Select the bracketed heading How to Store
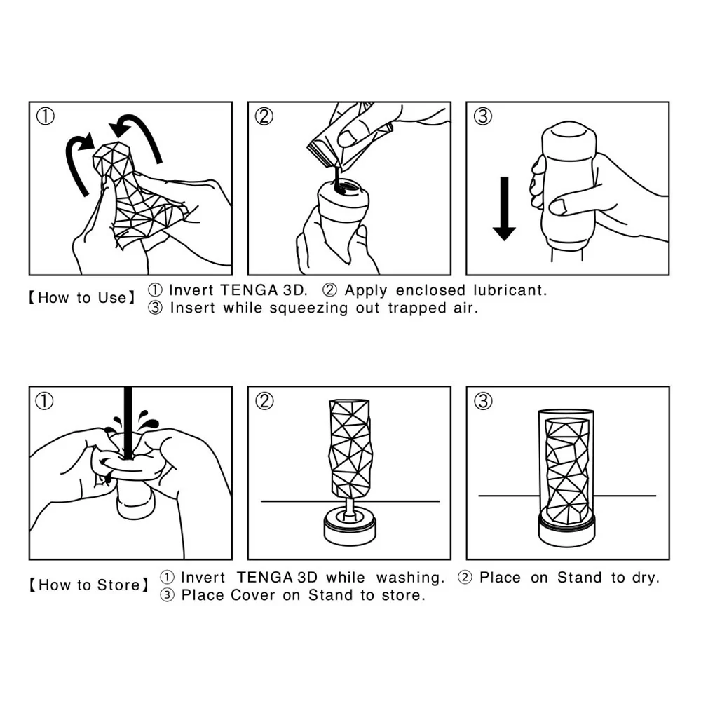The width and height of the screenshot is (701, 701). pos(88,585)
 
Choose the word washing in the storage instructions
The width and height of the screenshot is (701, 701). pos(410,578)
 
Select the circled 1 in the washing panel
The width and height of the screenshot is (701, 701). pos(46,402)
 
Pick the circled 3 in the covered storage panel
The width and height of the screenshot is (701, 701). pos(482,402)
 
